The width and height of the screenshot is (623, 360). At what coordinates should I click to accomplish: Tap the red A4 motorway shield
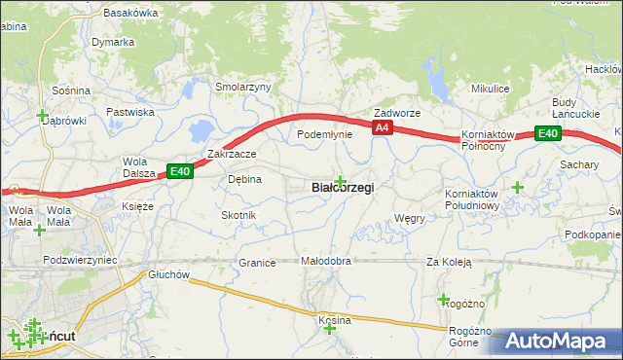coord(381,127)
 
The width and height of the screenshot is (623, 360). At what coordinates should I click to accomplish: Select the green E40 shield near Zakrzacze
coord(179,171)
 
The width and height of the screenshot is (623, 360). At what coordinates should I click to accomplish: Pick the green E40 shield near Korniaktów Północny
coord(548,134)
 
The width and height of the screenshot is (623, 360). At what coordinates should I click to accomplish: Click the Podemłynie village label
coord(323,134)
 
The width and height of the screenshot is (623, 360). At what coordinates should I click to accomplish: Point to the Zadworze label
coord(396,113)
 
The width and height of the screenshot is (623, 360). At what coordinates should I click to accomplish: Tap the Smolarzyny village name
coord(242,87)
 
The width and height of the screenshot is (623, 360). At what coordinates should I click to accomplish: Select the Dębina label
coord(244,179)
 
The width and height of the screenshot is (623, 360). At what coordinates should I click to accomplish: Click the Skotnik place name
coord(238,215)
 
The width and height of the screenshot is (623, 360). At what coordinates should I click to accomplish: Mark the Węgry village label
coord(410,219)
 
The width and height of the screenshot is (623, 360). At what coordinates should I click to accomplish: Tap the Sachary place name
coord(579,165)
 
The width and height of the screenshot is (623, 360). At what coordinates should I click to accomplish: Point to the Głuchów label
coord(168,274)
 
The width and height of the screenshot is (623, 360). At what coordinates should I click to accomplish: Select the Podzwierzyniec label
coord(80,261)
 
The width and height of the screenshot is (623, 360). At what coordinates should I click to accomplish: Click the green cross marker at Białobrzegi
coord(340,180)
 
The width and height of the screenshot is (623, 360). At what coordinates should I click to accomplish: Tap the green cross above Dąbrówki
coord(43,114)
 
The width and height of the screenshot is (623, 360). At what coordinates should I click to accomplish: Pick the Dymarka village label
coord(113,43)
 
